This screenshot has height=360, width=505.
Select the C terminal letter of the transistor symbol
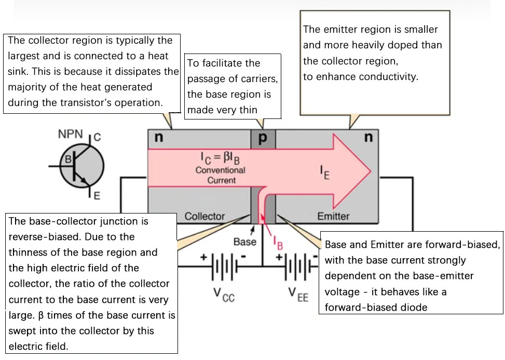pos(97,138)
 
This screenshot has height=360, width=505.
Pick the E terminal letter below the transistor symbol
pos(97,196)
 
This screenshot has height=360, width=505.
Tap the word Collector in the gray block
pos(205,216)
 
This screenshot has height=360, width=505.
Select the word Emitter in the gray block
pos(333,216)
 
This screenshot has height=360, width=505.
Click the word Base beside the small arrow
pos(245,242)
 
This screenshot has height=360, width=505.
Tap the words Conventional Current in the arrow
pos(221,175)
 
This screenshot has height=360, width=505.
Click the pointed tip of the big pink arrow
pos(371,170)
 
